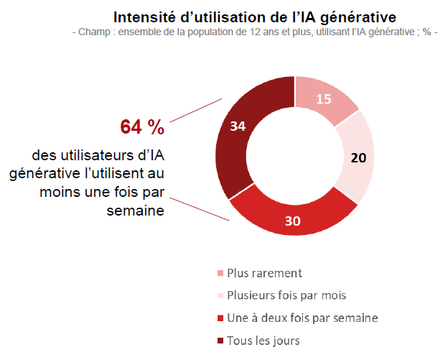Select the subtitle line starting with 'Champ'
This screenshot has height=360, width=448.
tap(255, 32)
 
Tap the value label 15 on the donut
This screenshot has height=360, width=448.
tap(324, 99)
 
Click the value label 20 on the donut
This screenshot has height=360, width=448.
tap(358, 157)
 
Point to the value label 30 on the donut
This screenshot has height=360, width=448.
tap(292, 220)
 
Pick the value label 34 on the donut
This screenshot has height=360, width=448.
tap(238, 126)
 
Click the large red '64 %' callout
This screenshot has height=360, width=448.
tap(142, 127)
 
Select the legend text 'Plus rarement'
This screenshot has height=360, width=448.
tap(263, 273)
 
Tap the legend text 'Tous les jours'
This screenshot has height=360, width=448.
tap(263, 340)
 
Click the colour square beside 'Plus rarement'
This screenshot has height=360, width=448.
tap(219, 274)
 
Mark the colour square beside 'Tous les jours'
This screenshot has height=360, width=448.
tap(219, 341)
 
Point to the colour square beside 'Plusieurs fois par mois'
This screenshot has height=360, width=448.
tap(219, 296)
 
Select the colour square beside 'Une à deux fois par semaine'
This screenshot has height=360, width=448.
tap(219, 318)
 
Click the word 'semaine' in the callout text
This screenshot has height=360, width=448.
tap(136, 211)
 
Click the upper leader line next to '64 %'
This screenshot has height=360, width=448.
tap(196, 112)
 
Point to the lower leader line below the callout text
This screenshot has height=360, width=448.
tap(202, 210)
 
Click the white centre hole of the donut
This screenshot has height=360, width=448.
tap(295, 155)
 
